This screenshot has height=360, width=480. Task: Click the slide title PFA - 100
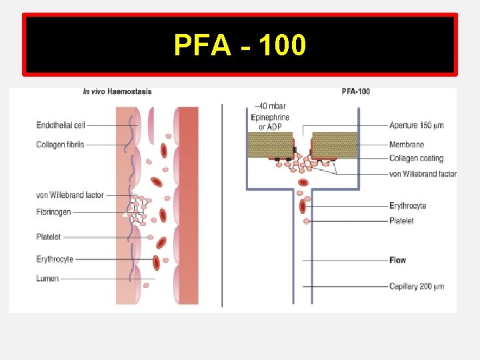coord(240,45)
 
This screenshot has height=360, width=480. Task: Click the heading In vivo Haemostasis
coord(117,92)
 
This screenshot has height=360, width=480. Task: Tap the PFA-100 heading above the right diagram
coord(355,92)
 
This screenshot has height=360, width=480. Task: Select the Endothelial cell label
coord(61,125)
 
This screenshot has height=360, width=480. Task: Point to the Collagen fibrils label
coord(61,145)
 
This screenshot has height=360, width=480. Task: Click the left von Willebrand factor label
coord(70,195)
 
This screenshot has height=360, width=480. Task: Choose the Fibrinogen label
coord(53,212)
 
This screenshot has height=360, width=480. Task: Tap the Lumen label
coord(47,279)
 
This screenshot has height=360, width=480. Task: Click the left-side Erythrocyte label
coord(55,259)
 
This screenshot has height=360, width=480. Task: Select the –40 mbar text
coord(269,105)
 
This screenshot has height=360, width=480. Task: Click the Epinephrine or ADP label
coord(270,122)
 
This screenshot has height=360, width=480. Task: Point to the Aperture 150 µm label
coord(417,125)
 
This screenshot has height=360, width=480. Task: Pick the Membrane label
coord(406,145)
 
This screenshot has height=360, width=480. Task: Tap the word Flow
coord(397,260)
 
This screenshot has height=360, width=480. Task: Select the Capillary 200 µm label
coord(417,287)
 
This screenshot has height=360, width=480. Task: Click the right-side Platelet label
coord(401,221)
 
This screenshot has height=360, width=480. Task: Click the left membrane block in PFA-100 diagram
coord(271,144)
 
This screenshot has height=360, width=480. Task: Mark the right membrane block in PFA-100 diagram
coord(335,144)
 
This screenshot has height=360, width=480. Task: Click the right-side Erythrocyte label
coord(407,206)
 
